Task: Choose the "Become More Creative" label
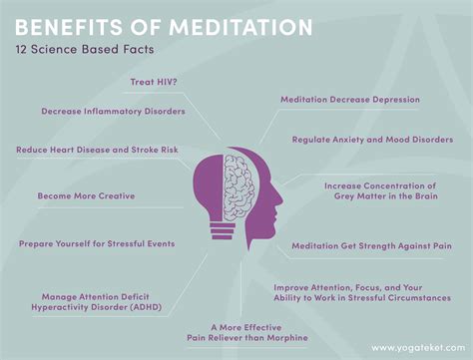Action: [x=86, y=195]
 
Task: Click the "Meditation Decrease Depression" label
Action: [x=349, y=100]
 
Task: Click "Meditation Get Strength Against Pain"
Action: [x=371, y=245]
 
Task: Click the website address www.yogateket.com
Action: [x=417, y=347]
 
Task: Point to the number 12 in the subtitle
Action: [x=20, y=48]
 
